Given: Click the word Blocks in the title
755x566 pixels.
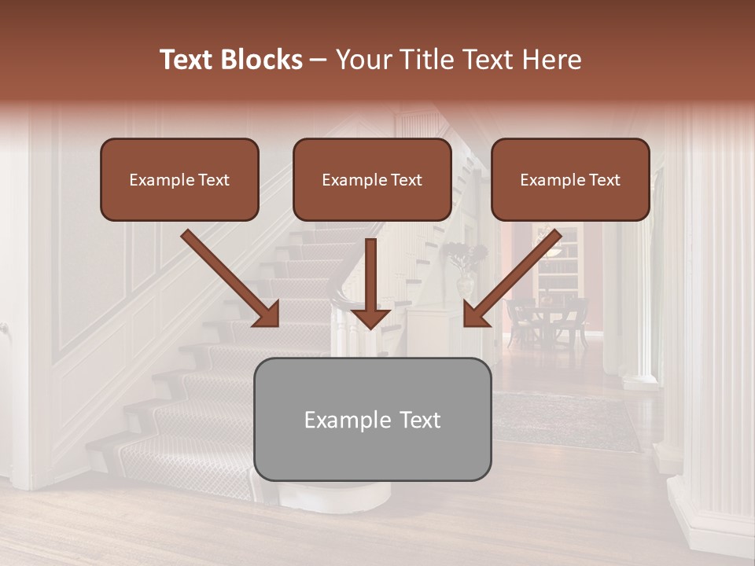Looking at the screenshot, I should tap(263, 60).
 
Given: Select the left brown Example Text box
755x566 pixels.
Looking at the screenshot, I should tap(179, 179).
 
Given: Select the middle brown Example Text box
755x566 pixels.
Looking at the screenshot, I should tap(372, 179).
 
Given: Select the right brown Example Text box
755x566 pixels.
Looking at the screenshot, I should tap(570, 179).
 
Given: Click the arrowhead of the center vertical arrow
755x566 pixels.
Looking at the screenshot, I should tap(370, 318).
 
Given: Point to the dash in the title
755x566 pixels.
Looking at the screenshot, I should tap(319, 60).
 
